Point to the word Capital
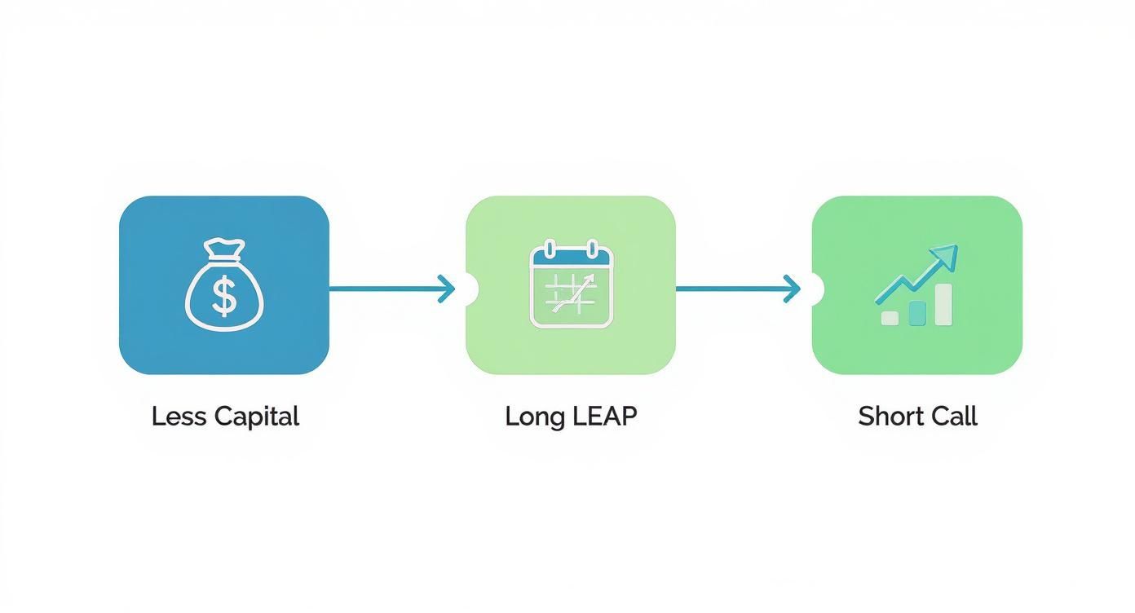[256, 417]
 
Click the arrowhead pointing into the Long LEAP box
[447, 289]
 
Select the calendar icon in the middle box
[571, 284]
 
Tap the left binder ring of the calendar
[549, 248]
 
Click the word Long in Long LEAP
[535, 417]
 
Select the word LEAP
[604, 417]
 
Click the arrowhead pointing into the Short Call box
[792, 289]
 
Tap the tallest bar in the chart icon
[943, 305]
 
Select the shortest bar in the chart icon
[890, 317]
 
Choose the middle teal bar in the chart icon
[917, 312]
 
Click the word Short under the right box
[889, 417]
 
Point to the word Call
[956, 417]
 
